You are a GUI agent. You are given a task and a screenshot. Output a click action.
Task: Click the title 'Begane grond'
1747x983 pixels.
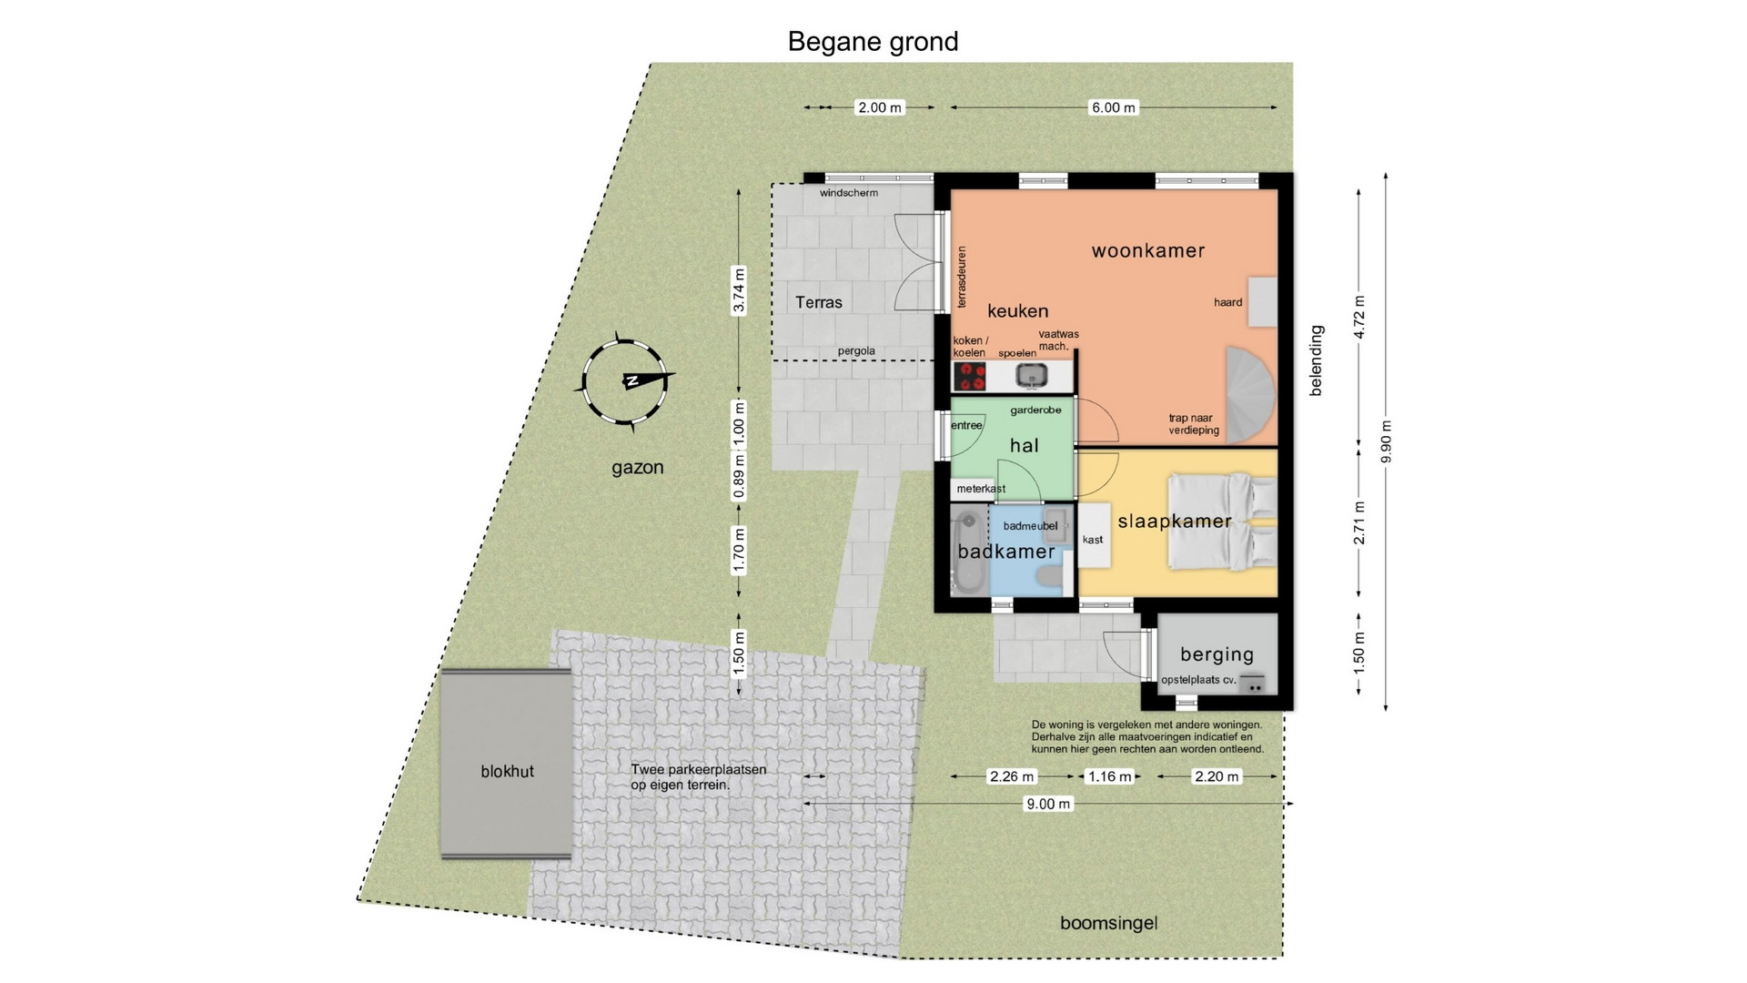point(873,42)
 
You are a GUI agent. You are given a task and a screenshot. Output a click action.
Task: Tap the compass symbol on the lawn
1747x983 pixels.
point(625,381)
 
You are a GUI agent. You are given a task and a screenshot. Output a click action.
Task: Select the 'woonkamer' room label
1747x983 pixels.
point(1148,250)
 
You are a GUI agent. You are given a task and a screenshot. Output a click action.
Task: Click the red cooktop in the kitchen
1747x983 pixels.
point(970,376)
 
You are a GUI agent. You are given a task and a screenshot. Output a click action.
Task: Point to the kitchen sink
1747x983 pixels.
point(1033,375)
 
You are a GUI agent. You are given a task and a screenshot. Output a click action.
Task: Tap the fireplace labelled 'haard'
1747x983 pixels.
point(1262,301)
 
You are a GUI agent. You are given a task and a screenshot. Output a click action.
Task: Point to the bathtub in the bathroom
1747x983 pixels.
point(968,552)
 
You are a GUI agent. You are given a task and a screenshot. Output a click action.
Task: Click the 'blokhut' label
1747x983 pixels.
point(508,771)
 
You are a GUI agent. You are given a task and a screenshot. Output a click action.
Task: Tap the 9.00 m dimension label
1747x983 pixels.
point(1048,804)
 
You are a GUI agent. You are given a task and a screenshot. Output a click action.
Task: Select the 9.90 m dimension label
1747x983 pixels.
point(1386,441)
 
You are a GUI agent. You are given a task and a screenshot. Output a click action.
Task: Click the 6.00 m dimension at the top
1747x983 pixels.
point(1114,107)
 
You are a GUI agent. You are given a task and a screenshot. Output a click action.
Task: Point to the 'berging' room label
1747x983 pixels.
point(1217,654)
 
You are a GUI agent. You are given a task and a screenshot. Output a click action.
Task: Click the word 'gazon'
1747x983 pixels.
point(638,468)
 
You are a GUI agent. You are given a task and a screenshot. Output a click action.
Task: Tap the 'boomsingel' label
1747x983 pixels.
point(1109,923)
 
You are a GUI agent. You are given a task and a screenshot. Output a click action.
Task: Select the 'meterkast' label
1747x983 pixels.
point(981,489)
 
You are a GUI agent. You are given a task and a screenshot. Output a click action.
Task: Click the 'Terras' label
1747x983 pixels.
point(819,302)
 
